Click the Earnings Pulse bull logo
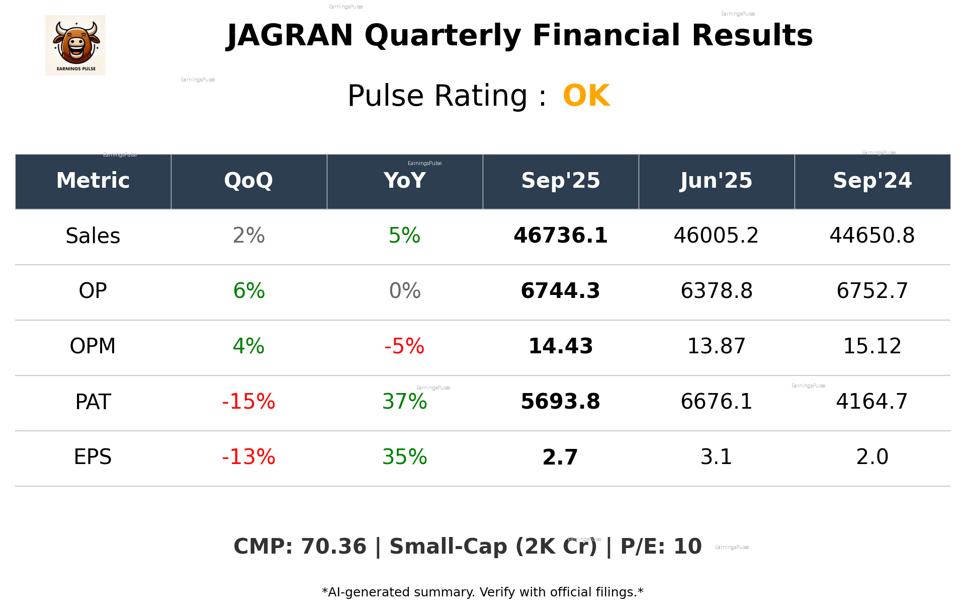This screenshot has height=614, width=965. click(x=75, y=45)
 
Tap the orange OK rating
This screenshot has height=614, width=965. click(x=586, y=96)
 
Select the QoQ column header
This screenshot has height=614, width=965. click(x=248, y=181)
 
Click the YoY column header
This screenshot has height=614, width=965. click(x=404, y=181)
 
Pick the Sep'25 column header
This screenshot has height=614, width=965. click(x=560, y=181)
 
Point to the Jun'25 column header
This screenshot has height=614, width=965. click(x=716, y=181)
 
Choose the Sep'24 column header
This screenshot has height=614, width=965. click(x=872, y=181)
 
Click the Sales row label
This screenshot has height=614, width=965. click(x=93, y=236)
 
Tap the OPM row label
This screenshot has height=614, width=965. click(x=93, y=346)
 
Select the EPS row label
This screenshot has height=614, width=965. click(x=93, y=457)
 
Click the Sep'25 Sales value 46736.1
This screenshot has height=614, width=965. click(x=560, y=236)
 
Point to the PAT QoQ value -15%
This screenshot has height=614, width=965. click(x=248, y=402)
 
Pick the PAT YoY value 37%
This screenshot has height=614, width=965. click(x=404, y=402)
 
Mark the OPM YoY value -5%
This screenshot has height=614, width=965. click(x=404, y=346)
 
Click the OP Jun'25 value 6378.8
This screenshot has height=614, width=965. click(x=716, y=291)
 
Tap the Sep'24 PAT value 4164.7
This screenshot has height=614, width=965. click(x=872, y=402)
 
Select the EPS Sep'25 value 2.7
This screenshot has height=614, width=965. click(x=560, y=457)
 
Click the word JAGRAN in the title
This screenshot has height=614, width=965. click(x=290, y=36)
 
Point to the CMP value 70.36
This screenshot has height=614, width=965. click(x=333, y=547)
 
